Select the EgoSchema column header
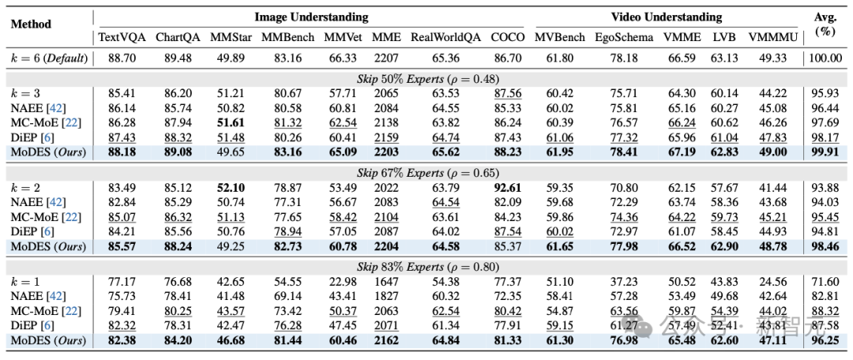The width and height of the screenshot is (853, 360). tap(618, 37)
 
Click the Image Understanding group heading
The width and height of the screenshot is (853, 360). tap(311, 17)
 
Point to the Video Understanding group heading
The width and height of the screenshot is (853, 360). tap(666, 17)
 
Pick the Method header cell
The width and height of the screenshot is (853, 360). tap(31, 24)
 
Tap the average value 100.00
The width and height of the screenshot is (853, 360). tap(825, 58)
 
